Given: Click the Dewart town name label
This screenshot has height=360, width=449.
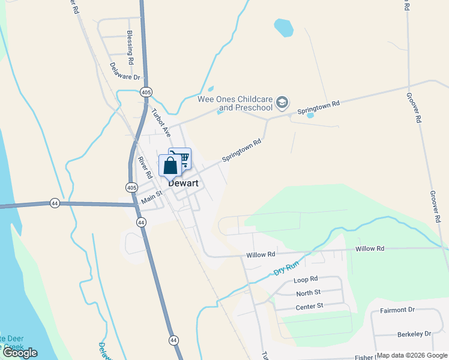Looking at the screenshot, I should [183, 184].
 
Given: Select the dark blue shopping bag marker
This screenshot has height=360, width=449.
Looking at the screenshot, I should [170, 165].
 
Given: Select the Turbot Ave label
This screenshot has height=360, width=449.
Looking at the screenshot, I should [161, 122].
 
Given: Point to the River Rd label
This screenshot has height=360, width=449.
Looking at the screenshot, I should [143, 169].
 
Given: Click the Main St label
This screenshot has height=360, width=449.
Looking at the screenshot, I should [151, 196].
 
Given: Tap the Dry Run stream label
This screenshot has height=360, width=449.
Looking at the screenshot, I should [286, 266].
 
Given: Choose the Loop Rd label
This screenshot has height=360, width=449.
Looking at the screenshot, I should [305, 280].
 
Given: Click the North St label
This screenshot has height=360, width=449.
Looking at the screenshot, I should [309, 293].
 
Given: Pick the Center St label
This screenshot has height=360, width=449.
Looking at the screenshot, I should [309, 306].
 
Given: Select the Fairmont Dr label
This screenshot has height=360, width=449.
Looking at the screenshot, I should [397, 310].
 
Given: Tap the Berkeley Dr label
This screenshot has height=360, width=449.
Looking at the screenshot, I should [414, 334].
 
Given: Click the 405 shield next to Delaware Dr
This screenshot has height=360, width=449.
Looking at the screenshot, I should [146, 92].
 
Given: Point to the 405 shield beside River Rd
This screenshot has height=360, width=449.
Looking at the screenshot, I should [131, 188].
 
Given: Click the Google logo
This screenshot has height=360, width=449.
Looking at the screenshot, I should [20, 353].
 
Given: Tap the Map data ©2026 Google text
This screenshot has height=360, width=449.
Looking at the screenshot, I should [412, 355].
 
